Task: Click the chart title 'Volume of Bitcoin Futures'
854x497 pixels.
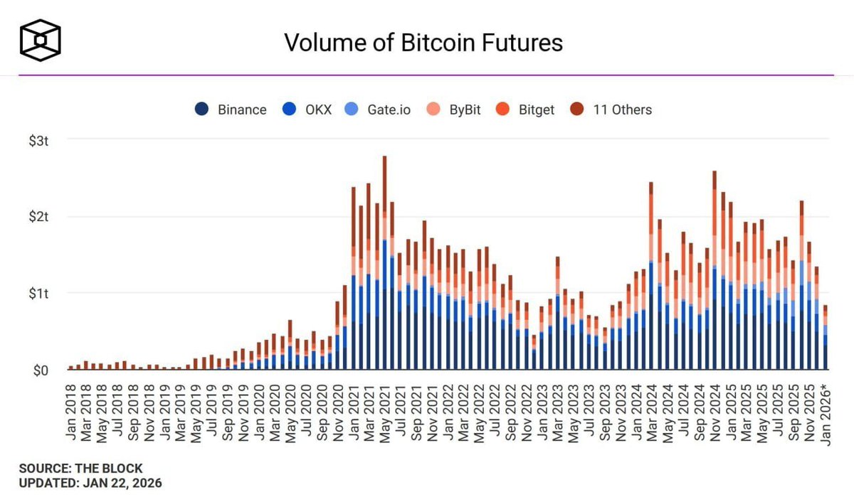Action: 423,42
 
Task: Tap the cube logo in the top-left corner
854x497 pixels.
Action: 40,39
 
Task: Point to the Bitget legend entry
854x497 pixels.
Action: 528,109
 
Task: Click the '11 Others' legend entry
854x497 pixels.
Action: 612,109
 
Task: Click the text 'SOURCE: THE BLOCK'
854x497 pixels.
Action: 81,469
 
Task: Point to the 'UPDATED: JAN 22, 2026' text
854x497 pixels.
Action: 90,483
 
